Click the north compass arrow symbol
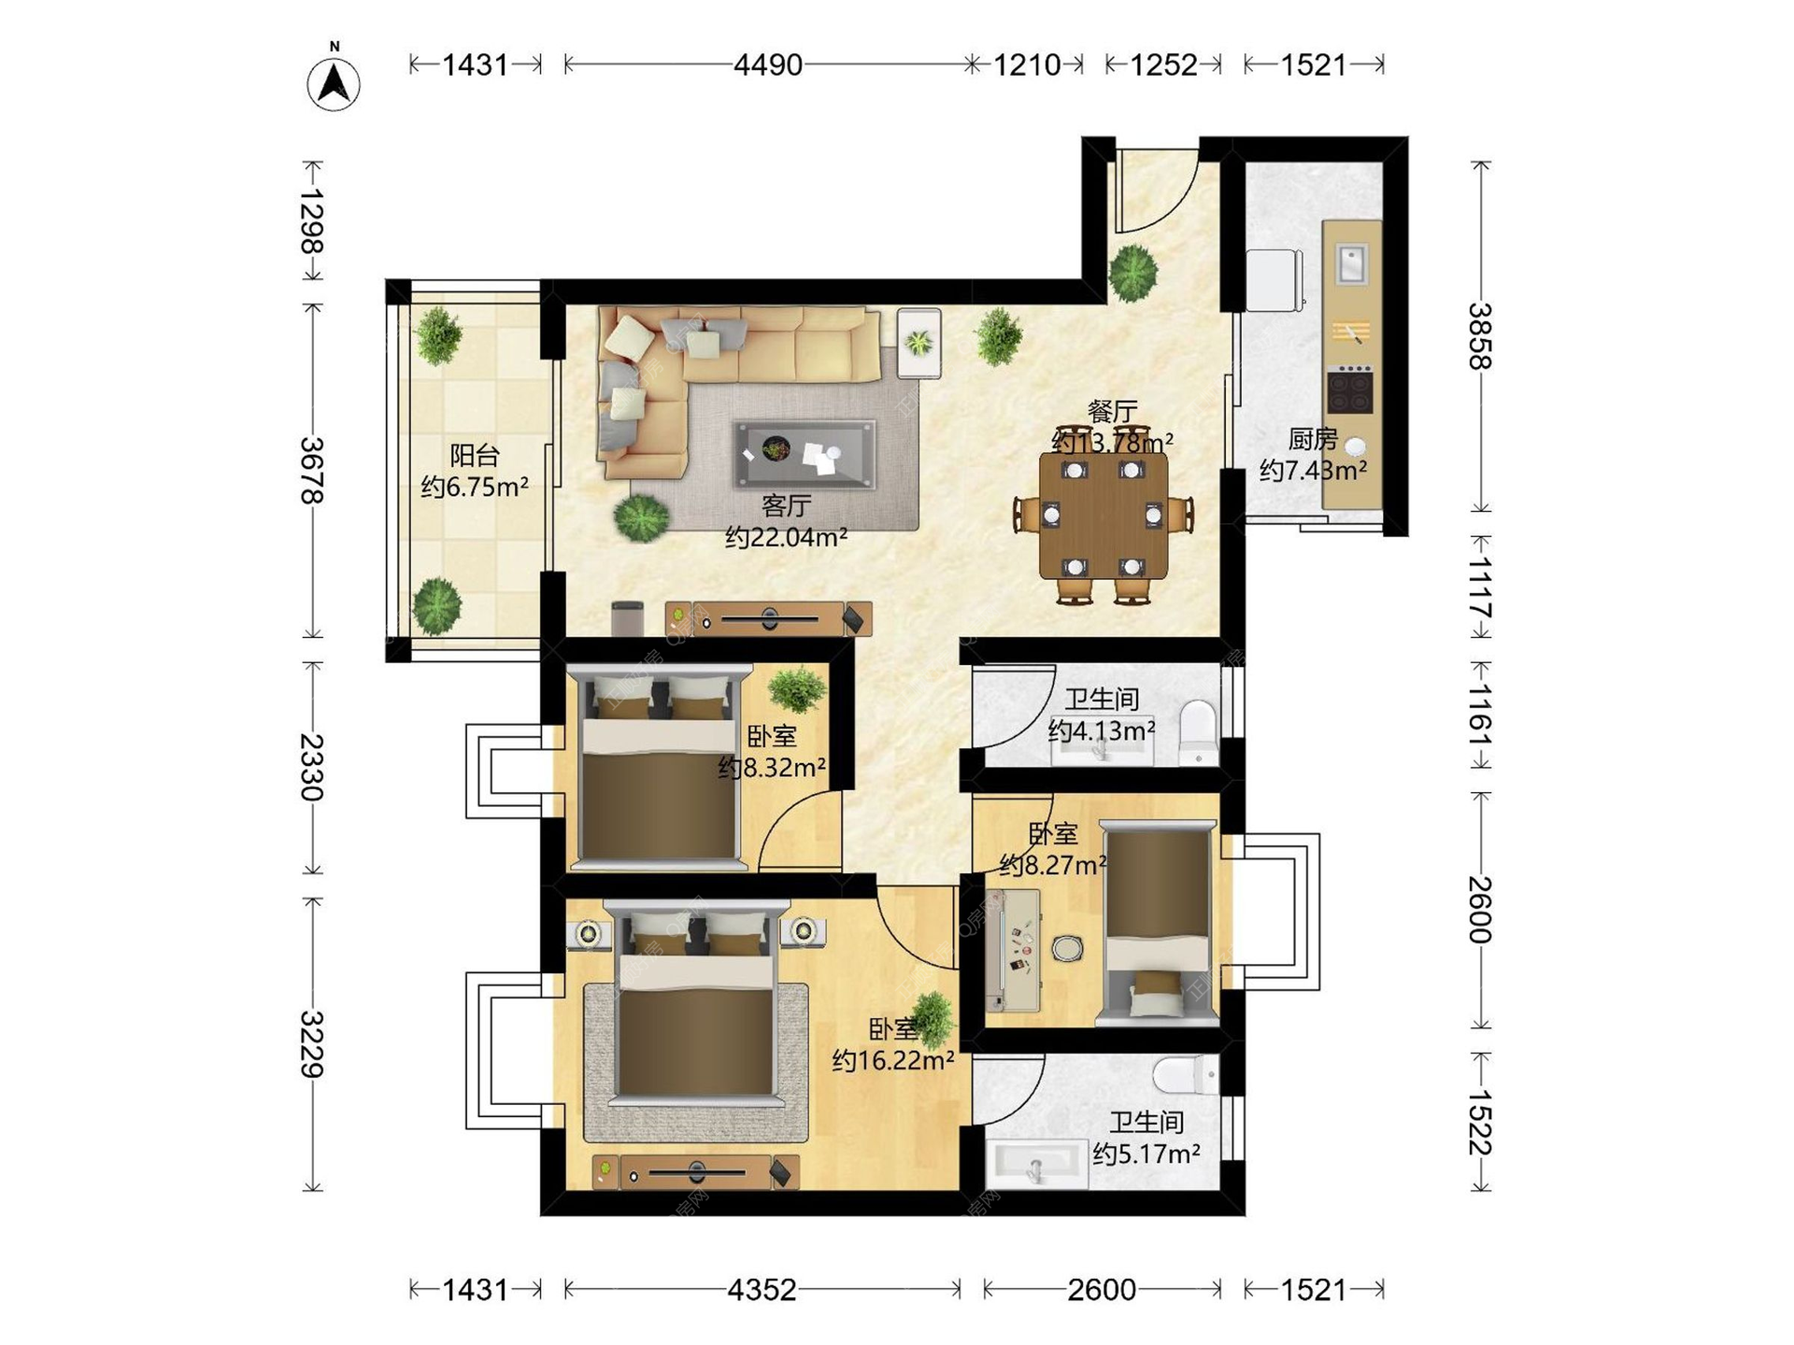pyautogui.click(x=334, y=84)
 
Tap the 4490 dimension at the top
pyautogui.click(x=768, y=64)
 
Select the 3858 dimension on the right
pyautogui.click(x=1480, y=336)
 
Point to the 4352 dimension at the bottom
pyautogui.click(x=762, y=1290)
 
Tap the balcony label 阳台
pyautogui.click(x=475, y=456)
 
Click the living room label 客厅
pyautogui.click(x=786, y=506)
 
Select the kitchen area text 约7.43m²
pyautogui.click(x=1313, y=470)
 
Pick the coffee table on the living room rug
pyautogui.click(x=805, y=455)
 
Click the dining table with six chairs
pyautogui.click(x=1103, y=517)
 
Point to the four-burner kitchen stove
pyautogui.click(x=1350, y=390)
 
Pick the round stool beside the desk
pyautogui.click(x=1067, y=949)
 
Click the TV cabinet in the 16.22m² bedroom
pyautogui.click(x=696, y=1172)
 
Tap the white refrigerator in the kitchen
pyautogui.click(x=1274, y=279)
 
